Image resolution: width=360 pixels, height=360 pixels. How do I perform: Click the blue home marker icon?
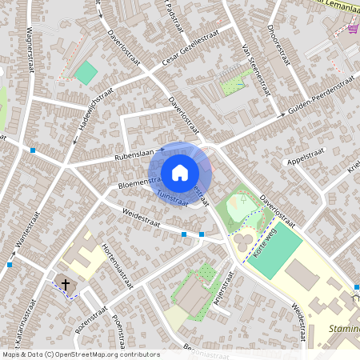click(x=180, y=172)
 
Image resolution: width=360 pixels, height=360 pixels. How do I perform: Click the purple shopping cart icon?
click(x=353, y=29)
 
